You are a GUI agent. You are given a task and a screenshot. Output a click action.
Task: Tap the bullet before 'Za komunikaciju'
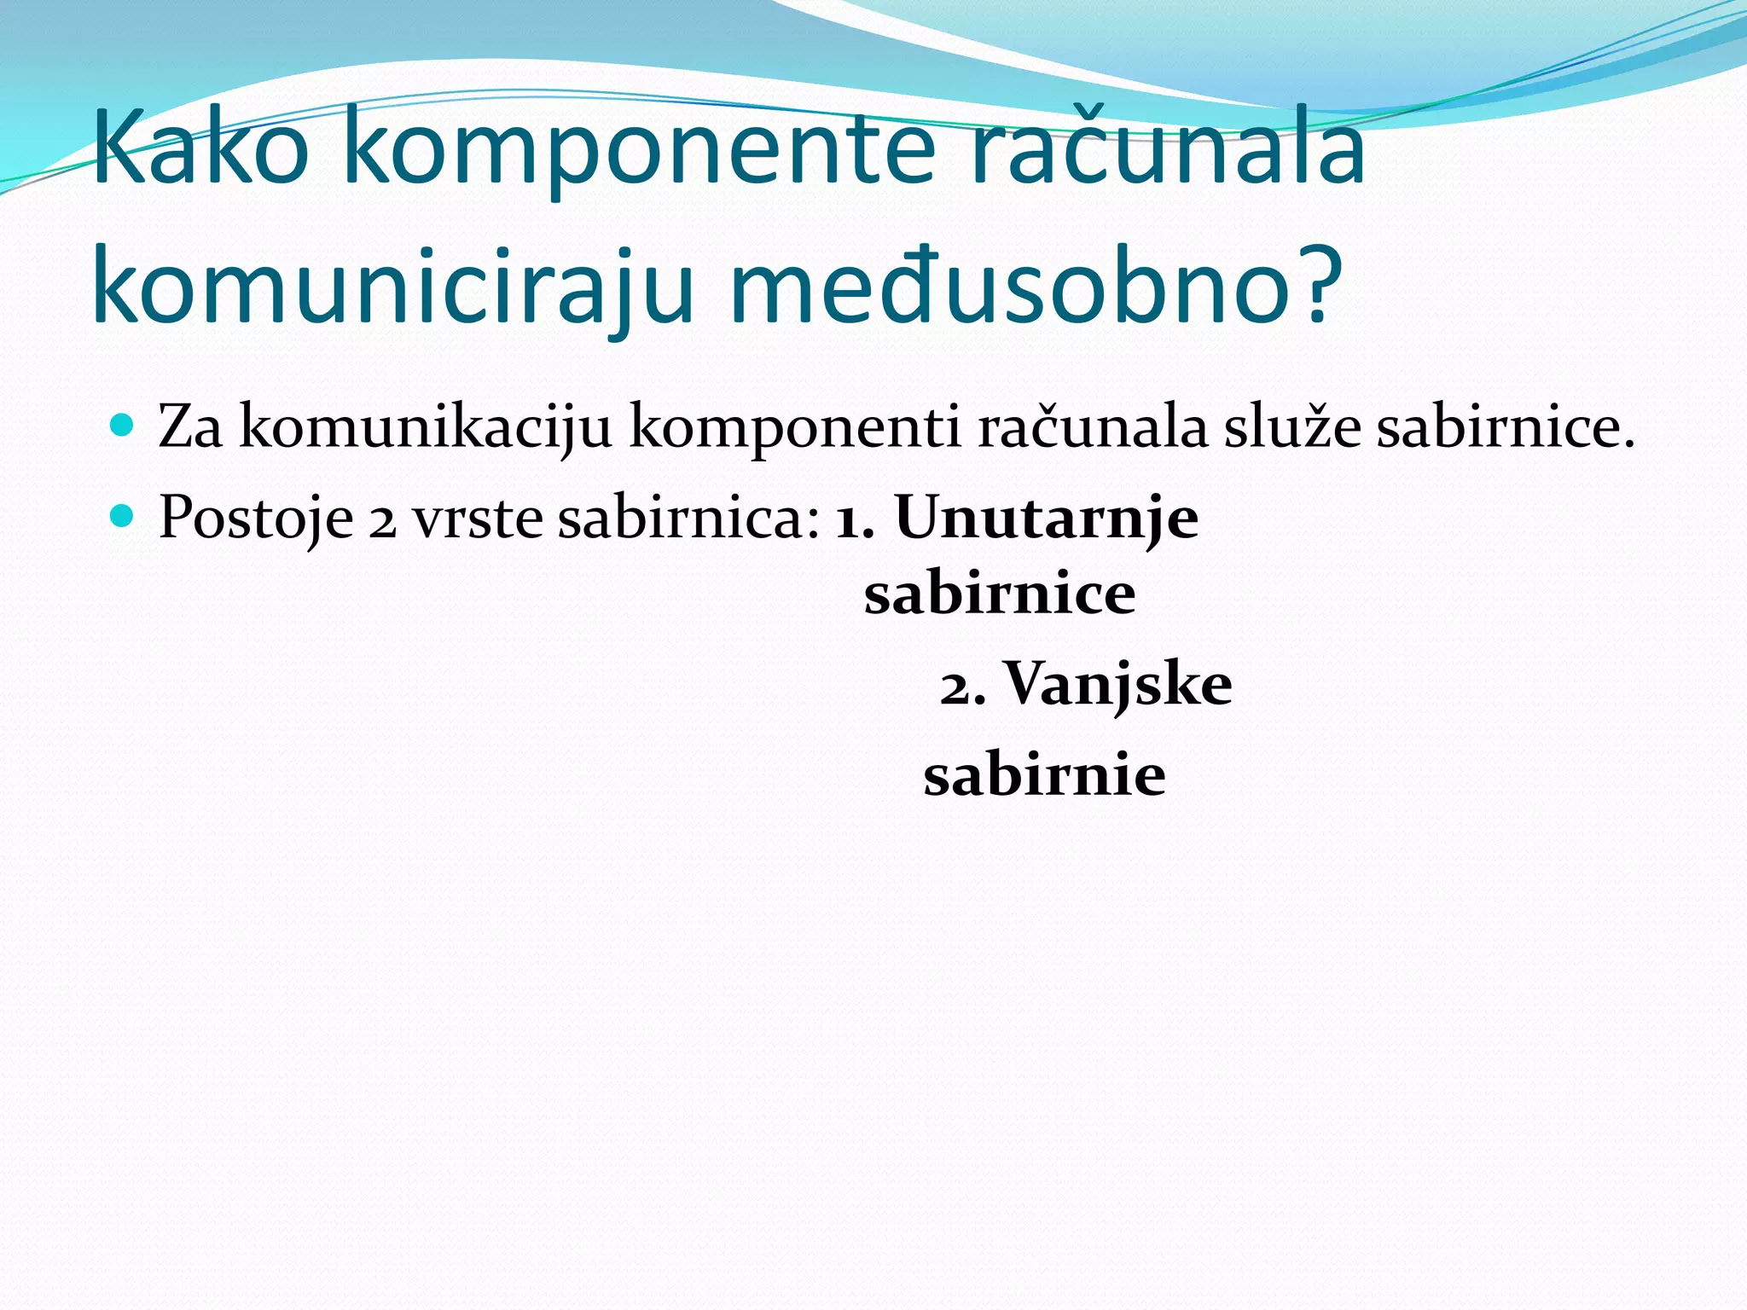pos(123,424)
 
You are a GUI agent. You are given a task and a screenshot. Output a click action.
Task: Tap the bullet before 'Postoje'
pos(123,515)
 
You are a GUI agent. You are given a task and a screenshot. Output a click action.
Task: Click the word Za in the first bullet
pos(190,426)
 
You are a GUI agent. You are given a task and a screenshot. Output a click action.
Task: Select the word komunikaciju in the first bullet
pos(426,427)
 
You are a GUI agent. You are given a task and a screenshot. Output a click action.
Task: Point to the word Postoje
pos(256,517)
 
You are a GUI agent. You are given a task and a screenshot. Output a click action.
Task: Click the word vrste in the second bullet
pos(478,519)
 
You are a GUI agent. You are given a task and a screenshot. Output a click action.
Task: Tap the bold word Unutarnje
pos(1047,517)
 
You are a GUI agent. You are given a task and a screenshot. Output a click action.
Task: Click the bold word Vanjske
pos(1117,685)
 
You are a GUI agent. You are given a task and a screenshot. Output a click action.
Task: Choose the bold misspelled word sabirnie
pos(1044,775)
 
